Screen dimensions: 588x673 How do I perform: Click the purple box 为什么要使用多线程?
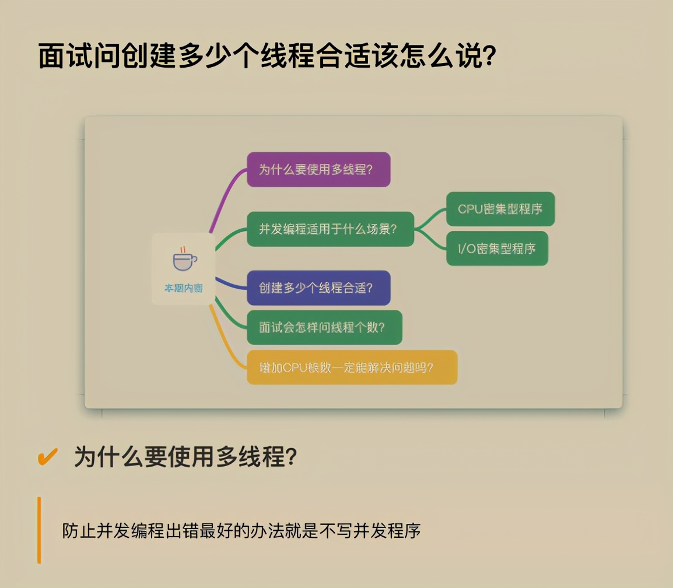tap(318, 170)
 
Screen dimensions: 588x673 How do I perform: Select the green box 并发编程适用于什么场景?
tap(330, 229)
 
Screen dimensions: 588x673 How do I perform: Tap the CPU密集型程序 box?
tap(500, 209)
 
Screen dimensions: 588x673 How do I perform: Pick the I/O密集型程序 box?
tap(497, 249)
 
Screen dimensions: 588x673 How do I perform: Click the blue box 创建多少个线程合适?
tap(318, 288)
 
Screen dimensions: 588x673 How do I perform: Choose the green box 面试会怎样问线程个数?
tap(324, 327)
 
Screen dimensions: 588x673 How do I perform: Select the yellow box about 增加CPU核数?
tap(352, 367)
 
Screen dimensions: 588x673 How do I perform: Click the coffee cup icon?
tap(184, 260)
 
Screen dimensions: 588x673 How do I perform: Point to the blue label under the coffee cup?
tap(183, 288)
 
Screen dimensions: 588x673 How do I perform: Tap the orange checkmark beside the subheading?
tap(47, 457)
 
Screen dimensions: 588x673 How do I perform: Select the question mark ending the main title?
tap(489, 56)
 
